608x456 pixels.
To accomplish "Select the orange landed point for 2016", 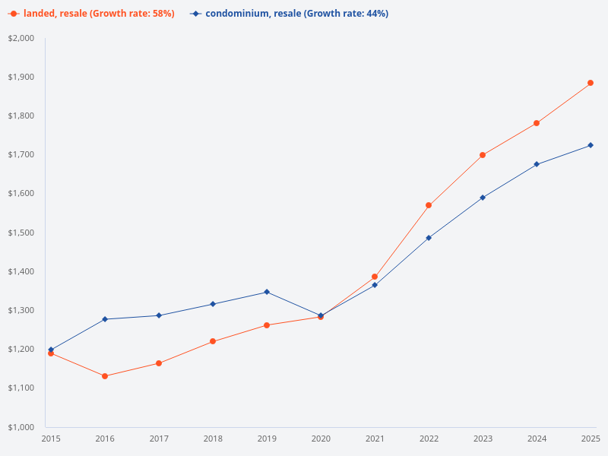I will pos(105,376).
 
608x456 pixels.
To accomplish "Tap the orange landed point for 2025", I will pos(591,83).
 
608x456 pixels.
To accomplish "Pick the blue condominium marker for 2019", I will pos(267,292).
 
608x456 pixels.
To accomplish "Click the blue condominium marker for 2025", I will pos(591,145).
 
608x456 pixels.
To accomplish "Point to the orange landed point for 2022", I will pos(429,205).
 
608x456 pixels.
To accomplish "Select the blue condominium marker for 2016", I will pos(105,319).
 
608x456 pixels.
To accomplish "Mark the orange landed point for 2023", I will pos(483,155).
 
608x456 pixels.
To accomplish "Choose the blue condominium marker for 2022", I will pos(429,238).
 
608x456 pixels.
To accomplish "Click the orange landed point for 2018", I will pos(213,341).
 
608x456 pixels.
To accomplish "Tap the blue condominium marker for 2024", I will pos(537,164).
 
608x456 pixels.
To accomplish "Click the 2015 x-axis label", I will pos(51,439).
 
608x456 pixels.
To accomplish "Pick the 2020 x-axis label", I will pos(321,439).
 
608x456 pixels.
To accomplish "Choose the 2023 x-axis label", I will pos(483,439).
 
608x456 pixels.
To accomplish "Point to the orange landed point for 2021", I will pos(375,277).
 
